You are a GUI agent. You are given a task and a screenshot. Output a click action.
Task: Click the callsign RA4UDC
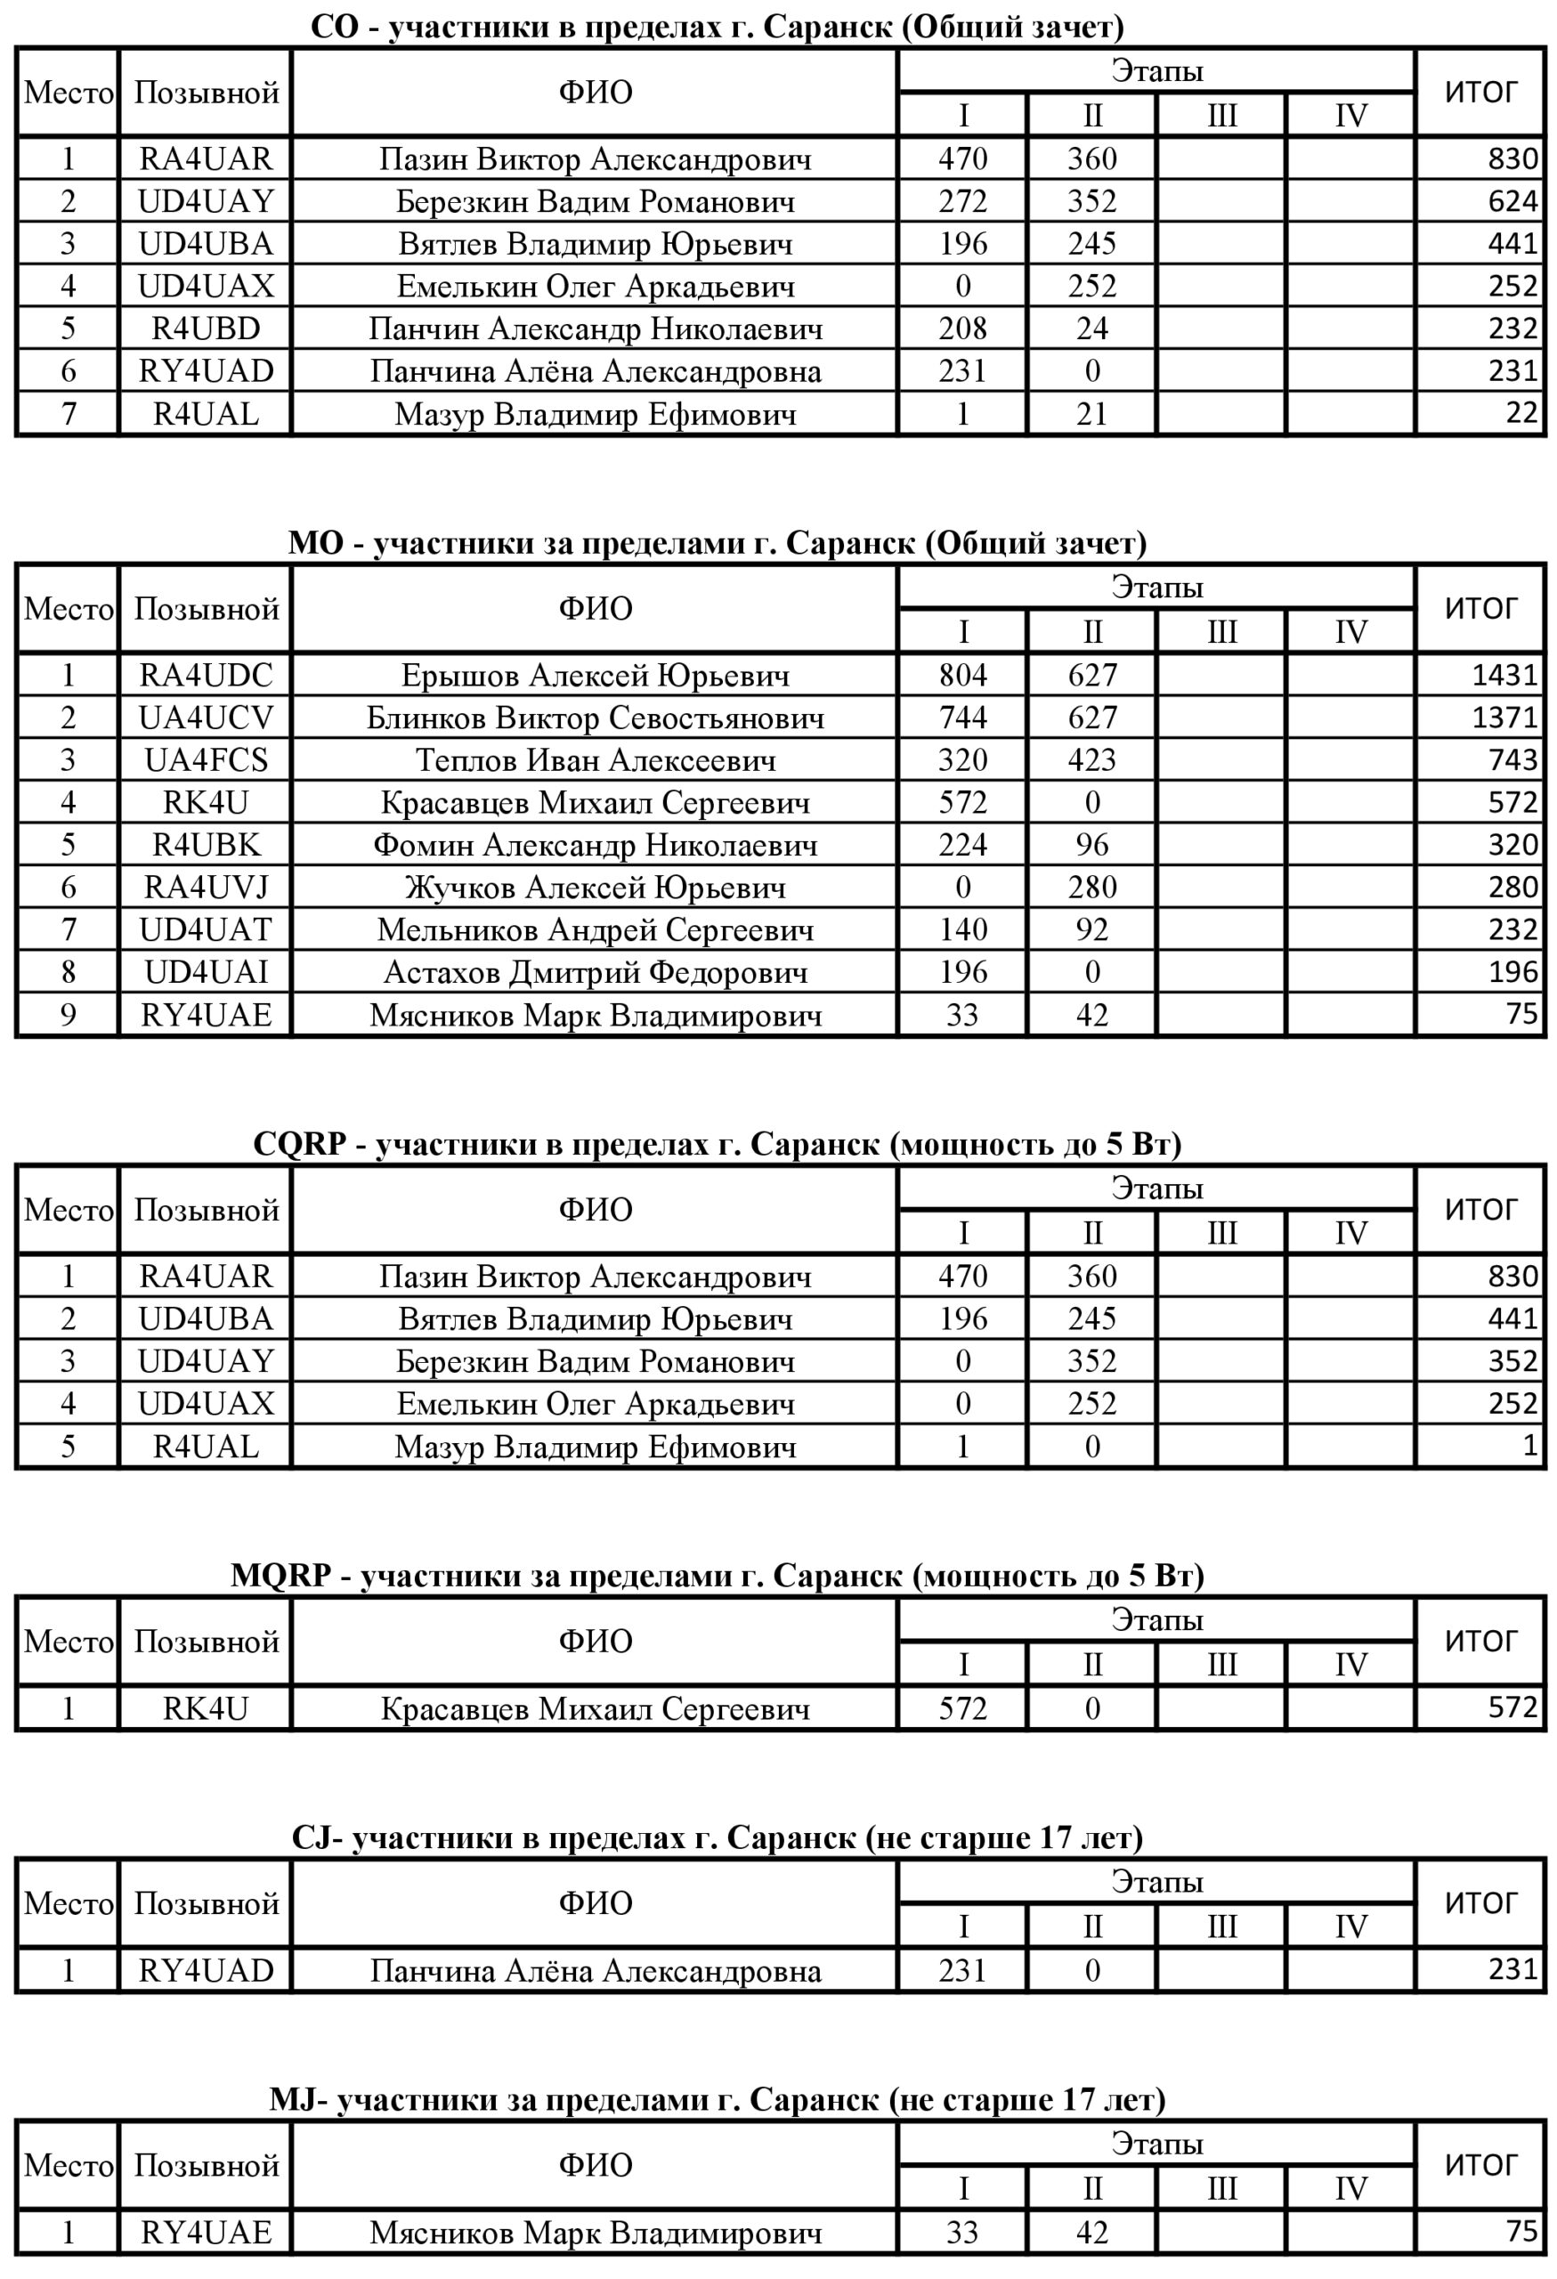click(206, 675)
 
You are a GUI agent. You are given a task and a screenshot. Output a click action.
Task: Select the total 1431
click(1504, 675)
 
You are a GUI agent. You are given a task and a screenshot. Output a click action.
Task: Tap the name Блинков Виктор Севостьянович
click(596, 718)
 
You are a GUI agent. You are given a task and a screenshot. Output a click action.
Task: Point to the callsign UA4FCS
click(206, 760)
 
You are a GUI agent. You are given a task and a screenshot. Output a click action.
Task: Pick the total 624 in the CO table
click(1512, 201)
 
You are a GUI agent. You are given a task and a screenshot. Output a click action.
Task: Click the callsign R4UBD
click(206, 328)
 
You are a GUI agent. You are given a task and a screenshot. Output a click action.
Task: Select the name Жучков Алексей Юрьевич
click(596, 888)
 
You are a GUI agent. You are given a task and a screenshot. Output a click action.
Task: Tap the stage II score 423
click(1091, 760)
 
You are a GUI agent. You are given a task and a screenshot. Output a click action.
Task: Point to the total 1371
click(1504, 718)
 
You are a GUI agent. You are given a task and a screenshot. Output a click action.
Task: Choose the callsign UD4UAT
click(206, 929)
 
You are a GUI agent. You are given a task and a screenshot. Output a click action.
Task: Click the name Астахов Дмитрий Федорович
click(596, 973)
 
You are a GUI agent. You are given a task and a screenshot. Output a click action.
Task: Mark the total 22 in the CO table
click(1521, 413)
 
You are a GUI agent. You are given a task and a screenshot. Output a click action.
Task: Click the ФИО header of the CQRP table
click(596, 1210)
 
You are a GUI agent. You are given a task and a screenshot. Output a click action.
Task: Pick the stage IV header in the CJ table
click(1350, 1927)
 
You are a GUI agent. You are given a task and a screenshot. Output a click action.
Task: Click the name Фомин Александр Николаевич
click(596, 846)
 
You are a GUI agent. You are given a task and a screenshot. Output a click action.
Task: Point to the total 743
click(1512, 760)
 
